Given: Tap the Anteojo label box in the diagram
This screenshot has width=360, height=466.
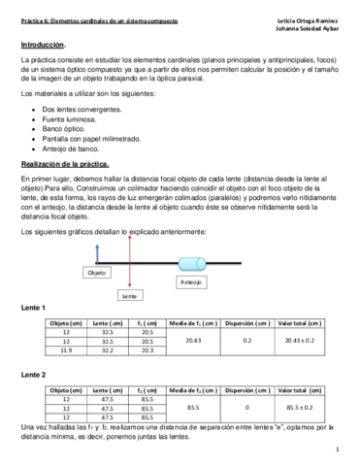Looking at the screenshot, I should point(190,282).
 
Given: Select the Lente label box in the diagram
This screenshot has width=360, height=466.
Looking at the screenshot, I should point(126,294).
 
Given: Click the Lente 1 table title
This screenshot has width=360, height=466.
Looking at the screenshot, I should point(34,308).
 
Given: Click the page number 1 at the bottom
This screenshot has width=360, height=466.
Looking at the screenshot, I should point(336,450).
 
